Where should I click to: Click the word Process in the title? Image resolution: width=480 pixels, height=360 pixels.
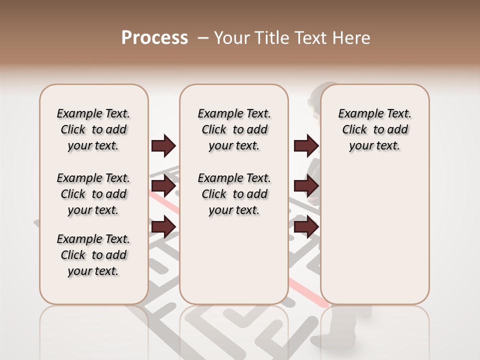click(x=154, y=37)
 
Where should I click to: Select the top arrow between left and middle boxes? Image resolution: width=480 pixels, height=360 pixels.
click(x=163, y=145)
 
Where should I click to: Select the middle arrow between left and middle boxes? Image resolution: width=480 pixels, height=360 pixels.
click(x=163, y=186)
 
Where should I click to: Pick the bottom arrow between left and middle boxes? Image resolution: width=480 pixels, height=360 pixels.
click(x=163, y=227)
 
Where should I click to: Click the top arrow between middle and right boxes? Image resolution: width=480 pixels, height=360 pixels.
click(x=306, y=145)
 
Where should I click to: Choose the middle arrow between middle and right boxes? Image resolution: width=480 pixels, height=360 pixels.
click(x=306, y=186)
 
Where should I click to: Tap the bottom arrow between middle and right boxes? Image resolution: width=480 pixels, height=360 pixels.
click(x=306, y=227)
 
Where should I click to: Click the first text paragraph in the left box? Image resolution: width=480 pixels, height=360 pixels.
click(x=93, y=129)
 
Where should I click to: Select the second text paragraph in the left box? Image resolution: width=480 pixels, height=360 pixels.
click(x=93, y=194)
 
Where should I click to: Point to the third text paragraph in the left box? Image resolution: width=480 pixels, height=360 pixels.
click(x=93, y=255)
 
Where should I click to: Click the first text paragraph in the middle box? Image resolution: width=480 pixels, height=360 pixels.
click(x=234, y=129)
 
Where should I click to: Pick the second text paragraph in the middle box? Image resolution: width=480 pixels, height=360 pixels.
click(x=234, y=194)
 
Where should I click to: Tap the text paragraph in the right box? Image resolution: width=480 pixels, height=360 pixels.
click(x=375, y=129)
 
